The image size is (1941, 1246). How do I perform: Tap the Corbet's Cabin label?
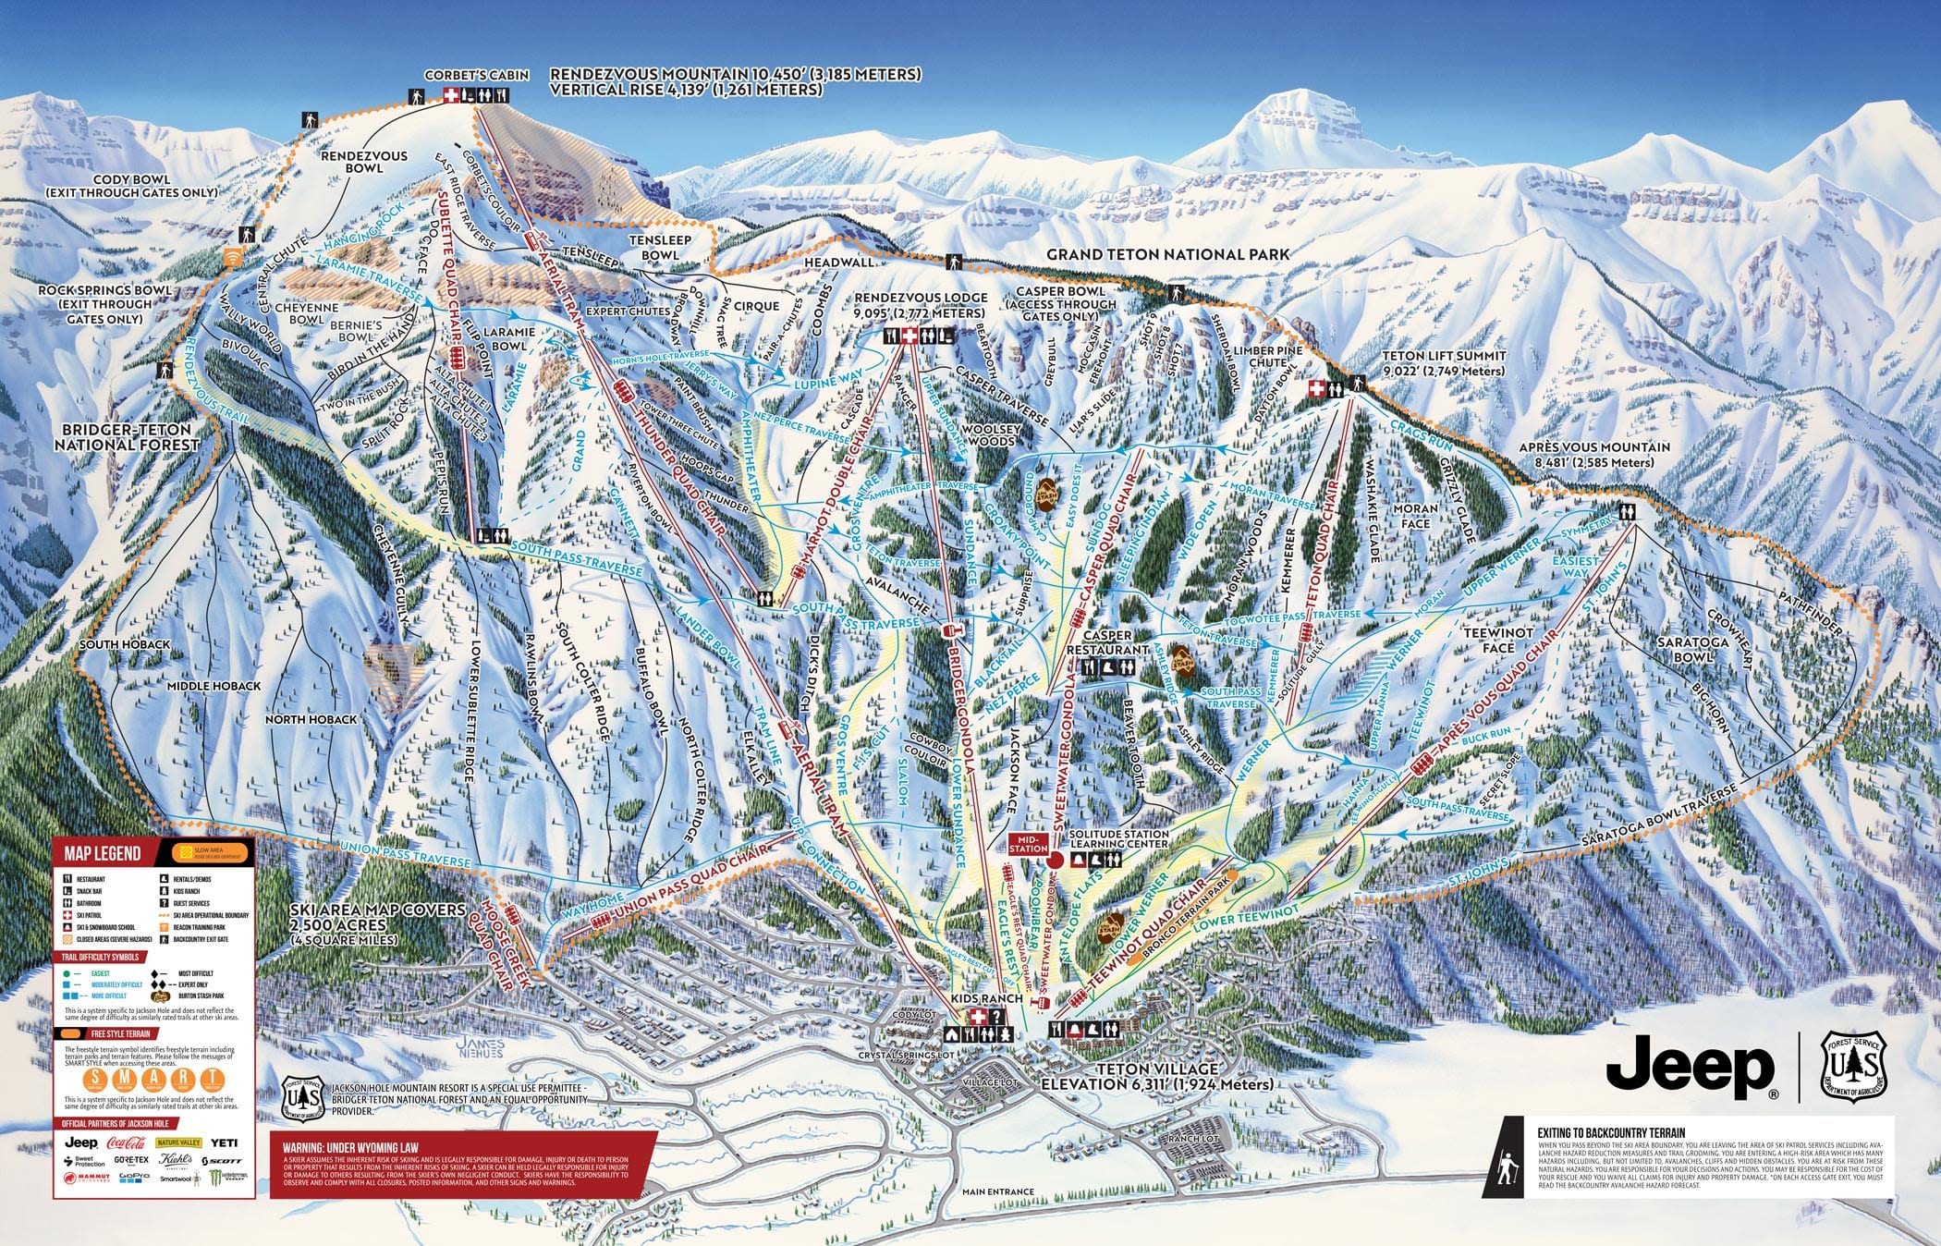tap(477, 75)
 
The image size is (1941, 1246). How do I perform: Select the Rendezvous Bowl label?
tap(363, 162)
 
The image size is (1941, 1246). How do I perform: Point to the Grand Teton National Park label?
tap(1167, 254)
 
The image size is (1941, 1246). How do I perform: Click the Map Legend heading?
tap(102, 853)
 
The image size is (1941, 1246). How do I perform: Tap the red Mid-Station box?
tap(1028, 842)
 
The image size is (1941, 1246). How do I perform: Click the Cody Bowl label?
tap(131, 186)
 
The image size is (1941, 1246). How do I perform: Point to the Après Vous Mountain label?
tap(1594, 454)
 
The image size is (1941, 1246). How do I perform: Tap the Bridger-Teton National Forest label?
tap(127, 437)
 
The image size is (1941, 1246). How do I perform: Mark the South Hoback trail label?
tap(124, 644)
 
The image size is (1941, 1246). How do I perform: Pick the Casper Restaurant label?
tap(1106, 642)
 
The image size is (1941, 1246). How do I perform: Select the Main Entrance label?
tap(997, 1191)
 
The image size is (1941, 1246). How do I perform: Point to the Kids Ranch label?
tap(987, 998)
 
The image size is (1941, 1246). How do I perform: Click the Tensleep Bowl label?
tap(660, 247)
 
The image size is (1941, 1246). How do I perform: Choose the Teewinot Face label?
tap(1498, 640)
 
